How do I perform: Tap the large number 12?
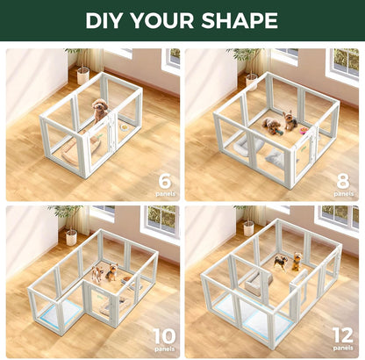(x=341, y=335)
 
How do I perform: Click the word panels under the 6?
(x=165, y=193)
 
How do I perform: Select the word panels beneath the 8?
(x=344, y=193)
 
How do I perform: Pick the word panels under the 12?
(x=342, y=350)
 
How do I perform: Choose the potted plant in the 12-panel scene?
(x=247, y=221)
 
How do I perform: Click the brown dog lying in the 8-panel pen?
(x=273, y=126)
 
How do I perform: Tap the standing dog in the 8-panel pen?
(x=290, y=119)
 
